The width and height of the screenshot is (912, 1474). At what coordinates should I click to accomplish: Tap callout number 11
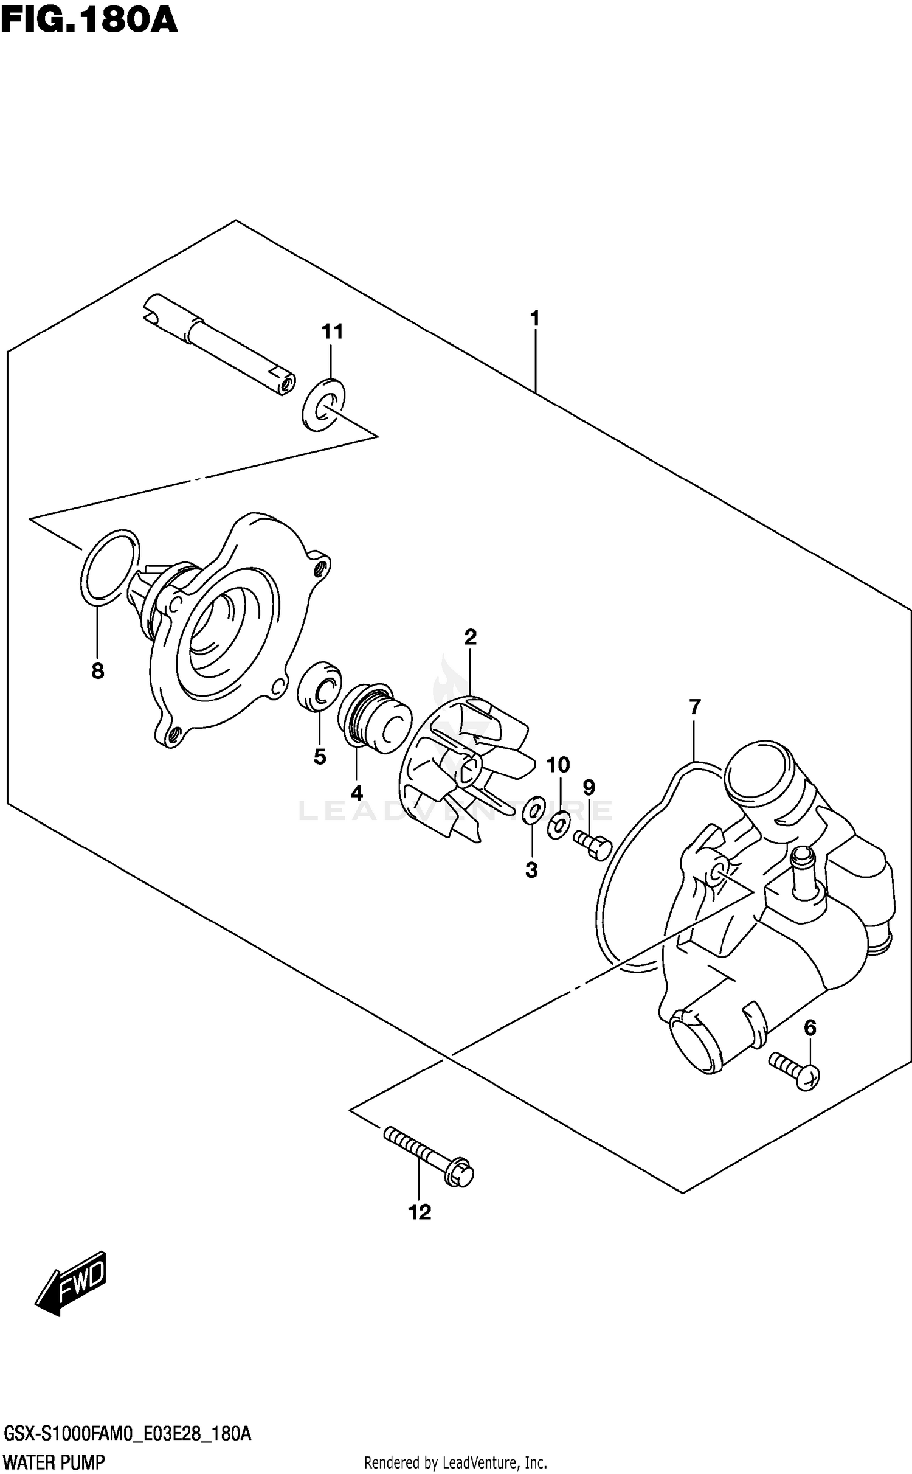click(x=332, y=332)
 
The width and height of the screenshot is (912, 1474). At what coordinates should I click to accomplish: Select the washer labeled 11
click(x=323, y=404)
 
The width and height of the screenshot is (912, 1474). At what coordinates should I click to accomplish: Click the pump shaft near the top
click(x=218, y=345)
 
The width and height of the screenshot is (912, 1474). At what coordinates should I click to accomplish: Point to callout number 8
click(x=97, y=671)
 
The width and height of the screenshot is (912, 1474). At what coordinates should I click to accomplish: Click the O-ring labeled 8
click(x=109, y=567)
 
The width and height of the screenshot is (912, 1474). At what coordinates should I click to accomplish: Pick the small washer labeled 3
click(x=533, y=811)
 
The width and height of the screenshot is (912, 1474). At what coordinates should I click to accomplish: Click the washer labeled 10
click(x=558, y=824)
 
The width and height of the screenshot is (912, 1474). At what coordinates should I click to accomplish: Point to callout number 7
click(x=694, y=707)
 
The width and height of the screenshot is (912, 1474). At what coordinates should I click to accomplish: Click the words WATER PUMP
click(x=54, y=1461)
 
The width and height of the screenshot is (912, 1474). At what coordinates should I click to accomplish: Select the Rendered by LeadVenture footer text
click(x=455, y=1461)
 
